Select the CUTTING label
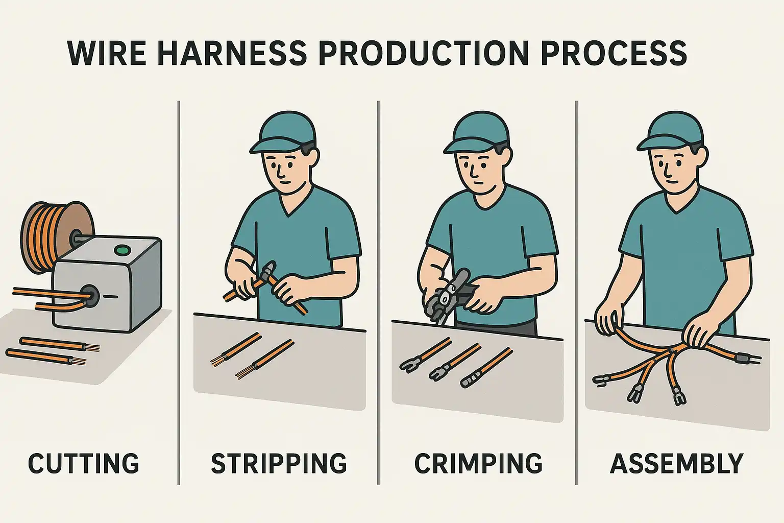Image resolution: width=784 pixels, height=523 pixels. [84, 463]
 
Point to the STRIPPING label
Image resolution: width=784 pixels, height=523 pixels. [279, 463]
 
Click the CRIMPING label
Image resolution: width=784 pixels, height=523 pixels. [478, 463]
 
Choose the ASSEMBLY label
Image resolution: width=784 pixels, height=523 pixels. [676, 463]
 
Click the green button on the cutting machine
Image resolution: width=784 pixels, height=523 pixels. [122, 250]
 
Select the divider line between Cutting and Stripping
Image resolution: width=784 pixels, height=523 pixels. [179, 293]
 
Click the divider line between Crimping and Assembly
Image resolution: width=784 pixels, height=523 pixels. [576, 293]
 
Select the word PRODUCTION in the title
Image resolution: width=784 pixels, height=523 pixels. [424, 53]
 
